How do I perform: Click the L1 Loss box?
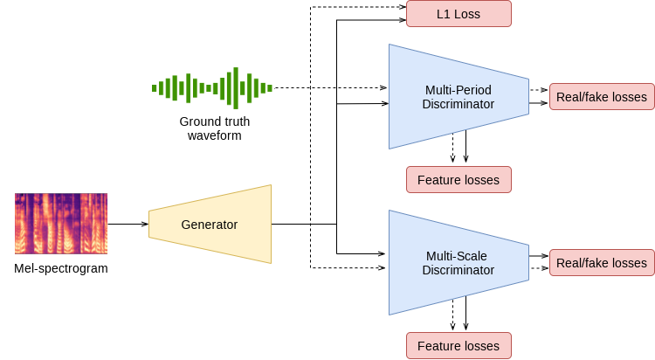(x=458, y=14)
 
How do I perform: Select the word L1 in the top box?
(x=443, y=14)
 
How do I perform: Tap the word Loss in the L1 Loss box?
(x=466, y=14)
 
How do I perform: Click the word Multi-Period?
(x=458, y=90)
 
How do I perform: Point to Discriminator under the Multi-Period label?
(x=458, y=104)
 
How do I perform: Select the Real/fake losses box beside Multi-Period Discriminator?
(x=601, y=97)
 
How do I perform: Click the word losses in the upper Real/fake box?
(x=627, y=97)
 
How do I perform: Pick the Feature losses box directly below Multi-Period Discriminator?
(x=458, y=180)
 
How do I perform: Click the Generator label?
(x=209, y=225)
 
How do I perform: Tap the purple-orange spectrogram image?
(x=61, y=224)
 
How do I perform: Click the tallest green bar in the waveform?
(x=233, y=87)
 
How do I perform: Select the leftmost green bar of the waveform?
(x=155, y=88)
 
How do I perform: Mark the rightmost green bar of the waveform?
(x=270, y=88)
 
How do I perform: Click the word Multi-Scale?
(x=458, y=256)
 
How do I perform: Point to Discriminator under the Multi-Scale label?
(x=458, y=270)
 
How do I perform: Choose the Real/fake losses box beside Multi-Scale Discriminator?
(x=601, y=263)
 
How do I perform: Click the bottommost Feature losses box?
(x=458, y=346)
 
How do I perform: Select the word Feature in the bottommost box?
(x=438, y=346)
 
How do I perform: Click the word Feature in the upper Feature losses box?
(x=438, y=180)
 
